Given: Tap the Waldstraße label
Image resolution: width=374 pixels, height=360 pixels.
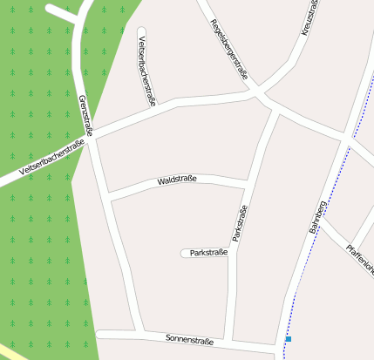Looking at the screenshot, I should tap(177, 180).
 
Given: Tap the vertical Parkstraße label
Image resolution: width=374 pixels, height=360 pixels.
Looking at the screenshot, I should tap(240, 223).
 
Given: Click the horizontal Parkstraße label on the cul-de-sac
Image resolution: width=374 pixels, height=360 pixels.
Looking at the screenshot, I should tap(208, 253).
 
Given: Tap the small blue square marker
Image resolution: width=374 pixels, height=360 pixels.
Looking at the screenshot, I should tap(288, 338).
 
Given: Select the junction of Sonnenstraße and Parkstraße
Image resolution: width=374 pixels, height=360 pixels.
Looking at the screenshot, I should tap(229, 341).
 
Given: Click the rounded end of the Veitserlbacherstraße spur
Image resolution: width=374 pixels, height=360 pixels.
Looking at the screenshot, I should tap(141, 32).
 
